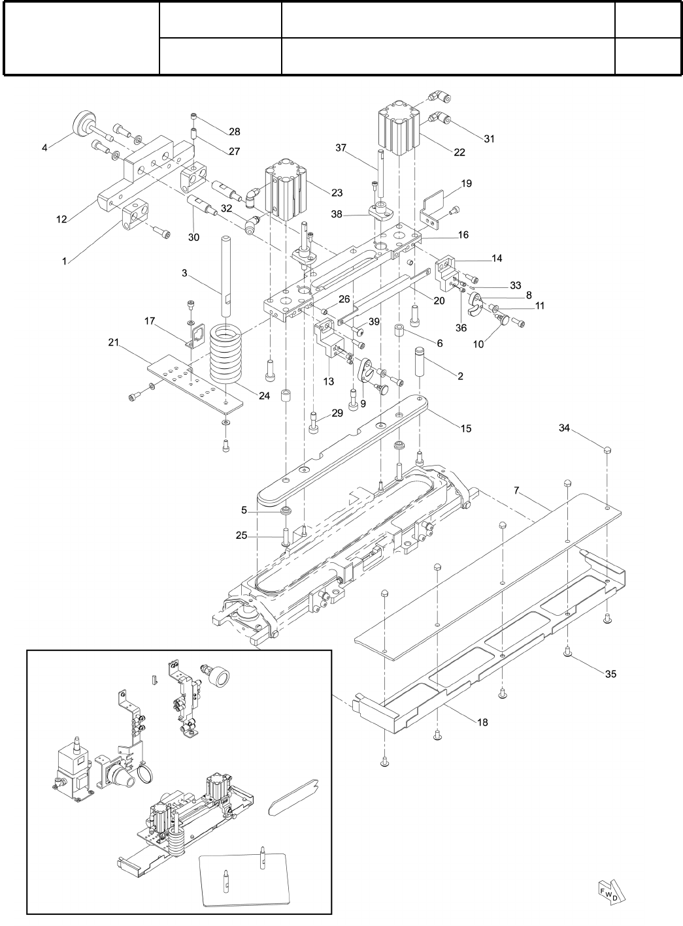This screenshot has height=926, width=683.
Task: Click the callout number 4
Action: tap(44, 148)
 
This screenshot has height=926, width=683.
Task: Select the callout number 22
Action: tap(459, 152)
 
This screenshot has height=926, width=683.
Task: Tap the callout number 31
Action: tap(490, 138)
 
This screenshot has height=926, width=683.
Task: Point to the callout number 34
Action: tap(564, 428)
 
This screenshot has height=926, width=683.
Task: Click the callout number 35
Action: tap(610, 675)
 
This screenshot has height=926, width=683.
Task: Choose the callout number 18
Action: tap(482, 722)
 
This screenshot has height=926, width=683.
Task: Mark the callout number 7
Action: tap(516, 490)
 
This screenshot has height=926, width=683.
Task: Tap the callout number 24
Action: tap(263, 395)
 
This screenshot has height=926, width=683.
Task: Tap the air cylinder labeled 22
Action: tap(398, 129)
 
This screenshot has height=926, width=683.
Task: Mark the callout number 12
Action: tap(61, 219)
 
